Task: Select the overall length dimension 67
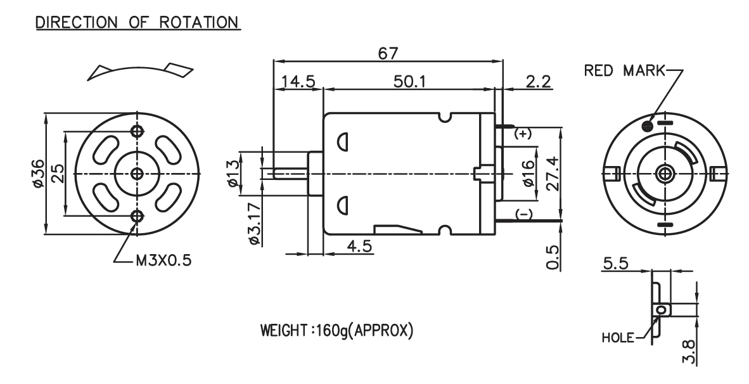[388, 53]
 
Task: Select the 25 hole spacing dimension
[57, 174]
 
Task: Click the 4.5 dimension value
[359, 246]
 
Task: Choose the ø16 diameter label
[528, 174]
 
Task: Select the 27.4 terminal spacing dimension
[553, 174]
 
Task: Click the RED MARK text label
[624, 71]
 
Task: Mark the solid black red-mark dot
[647, 125]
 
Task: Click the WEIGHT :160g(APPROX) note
[336, 330]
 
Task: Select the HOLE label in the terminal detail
[618, 338]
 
